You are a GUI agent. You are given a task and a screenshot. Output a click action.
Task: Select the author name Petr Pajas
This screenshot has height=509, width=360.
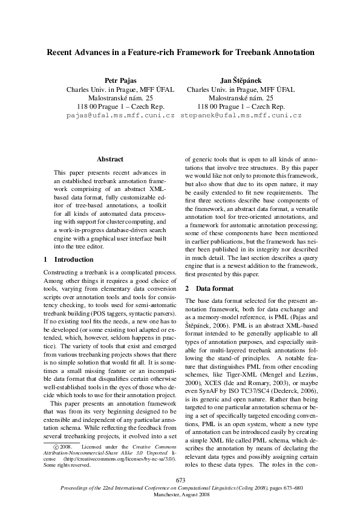coord(120,80)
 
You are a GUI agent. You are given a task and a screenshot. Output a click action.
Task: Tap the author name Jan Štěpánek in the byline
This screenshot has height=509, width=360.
coord(241,80)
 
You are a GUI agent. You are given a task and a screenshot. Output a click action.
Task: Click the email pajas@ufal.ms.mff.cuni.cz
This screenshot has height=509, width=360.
coord(120,114)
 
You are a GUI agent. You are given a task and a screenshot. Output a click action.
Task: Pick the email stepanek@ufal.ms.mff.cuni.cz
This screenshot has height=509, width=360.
coord(241,114)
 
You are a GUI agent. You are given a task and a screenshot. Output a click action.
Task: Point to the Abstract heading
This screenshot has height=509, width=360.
coord(110,160)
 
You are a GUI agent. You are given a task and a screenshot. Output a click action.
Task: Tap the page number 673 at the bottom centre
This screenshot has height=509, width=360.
coord(180,480)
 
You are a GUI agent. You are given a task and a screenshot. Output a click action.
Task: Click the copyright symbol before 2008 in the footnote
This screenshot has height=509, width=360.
coord(41,447)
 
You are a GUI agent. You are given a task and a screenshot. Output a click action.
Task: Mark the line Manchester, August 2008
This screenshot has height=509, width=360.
coord(180,494)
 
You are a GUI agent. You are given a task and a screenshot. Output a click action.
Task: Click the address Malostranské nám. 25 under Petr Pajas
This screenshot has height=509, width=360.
coord(120,97)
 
